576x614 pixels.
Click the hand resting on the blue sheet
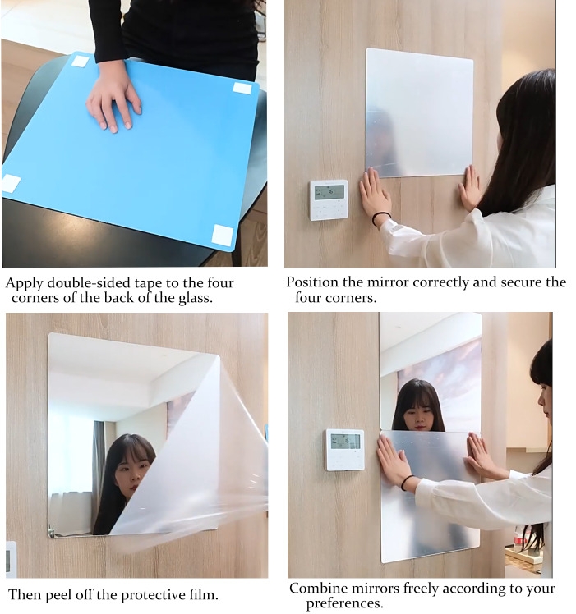tap(113, 98)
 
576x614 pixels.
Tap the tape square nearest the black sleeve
tap(80, 61)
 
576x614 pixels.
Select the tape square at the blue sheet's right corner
tap(242, 88)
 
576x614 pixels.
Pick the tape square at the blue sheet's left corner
tap(11, 183)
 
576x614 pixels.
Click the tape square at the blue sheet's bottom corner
tap(223, 235)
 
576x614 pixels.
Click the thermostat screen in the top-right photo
tap(329, 192)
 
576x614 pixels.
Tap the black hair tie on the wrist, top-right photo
tap(380, 218)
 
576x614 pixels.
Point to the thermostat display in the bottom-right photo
tap(345, 442)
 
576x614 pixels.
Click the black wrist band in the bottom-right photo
tap(407, 482)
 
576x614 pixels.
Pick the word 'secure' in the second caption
tap(520, 282)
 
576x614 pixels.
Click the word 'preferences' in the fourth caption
tap(342, 603)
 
